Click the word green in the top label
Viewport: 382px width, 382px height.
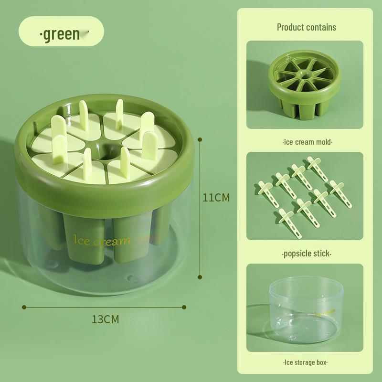[62, 34]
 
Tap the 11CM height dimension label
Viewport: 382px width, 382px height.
[216, 197]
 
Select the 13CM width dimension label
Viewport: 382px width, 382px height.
[105, 319]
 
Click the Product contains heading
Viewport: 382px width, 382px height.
[307, 27]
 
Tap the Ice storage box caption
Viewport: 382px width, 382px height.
[305, 362]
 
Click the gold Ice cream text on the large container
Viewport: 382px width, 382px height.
[101, 241]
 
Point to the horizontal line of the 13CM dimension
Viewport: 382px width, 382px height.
[105, 307]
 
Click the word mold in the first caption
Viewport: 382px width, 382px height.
[322, 142]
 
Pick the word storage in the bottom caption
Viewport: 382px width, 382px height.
[304, 362]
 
